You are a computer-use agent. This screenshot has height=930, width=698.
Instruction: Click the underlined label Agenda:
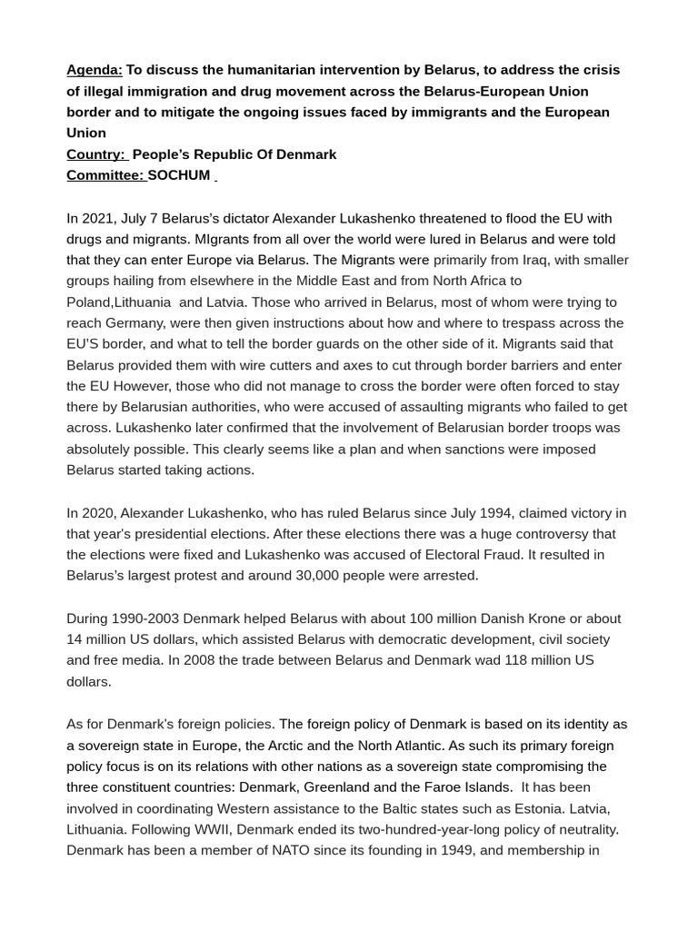click(95, 70)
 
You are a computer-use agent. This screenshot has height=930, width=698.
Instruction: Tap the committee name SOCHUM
click(179, 175)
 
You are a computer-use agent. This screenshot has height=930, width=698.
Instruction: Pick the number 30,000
click(322, 576)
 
